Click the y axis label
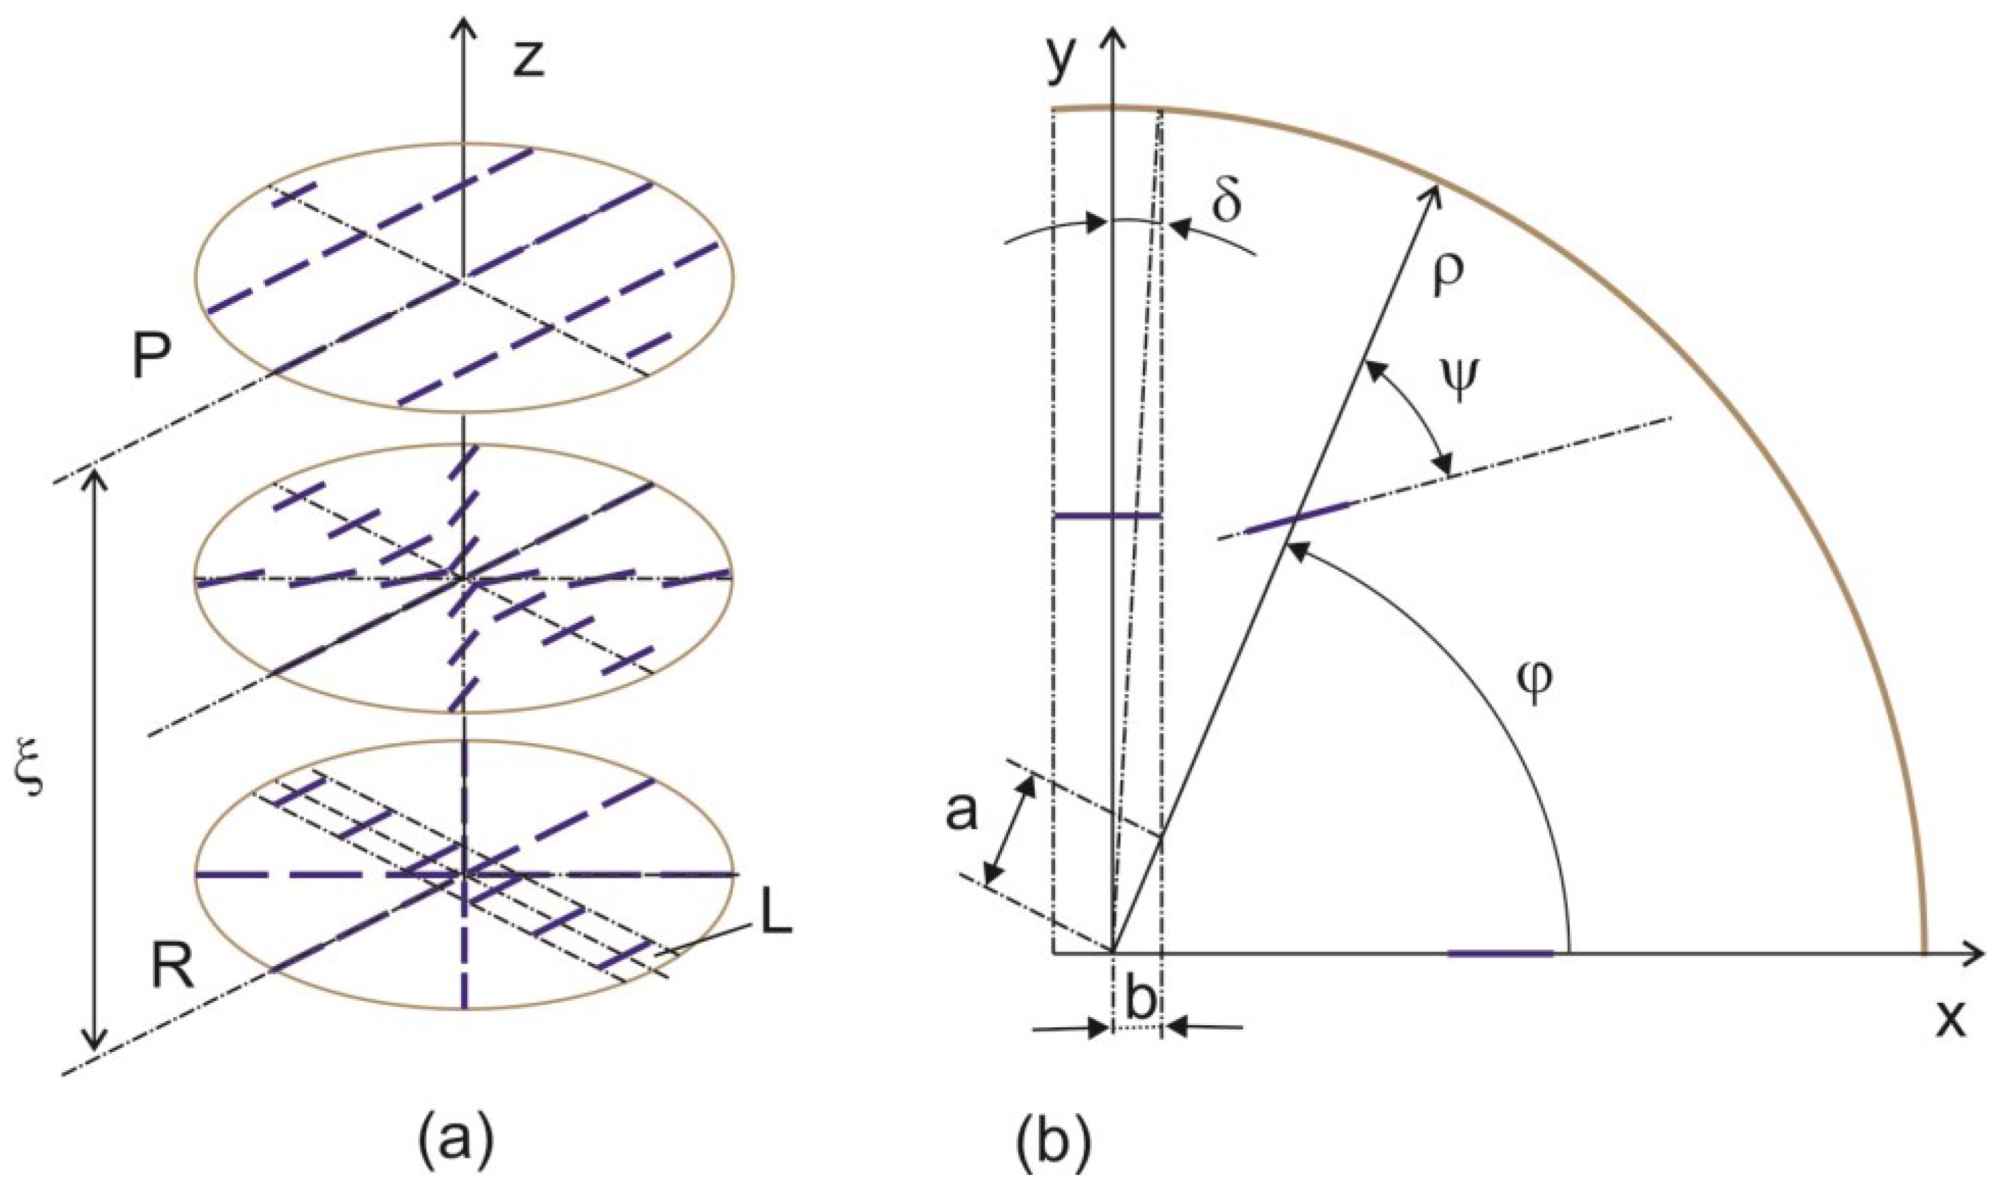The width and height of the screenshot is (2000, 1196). (x=1062, y=61)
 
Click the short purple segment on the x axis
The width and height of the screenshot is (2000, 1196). (x=1500, y=953)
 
